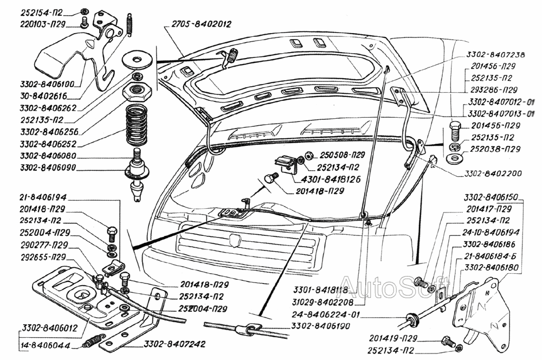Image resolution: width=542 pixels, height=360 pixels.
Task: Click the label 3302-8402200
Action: tap(493, 175)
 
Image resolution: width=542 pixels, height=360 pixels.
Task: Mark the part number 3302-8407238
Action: tap(495, 55)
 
